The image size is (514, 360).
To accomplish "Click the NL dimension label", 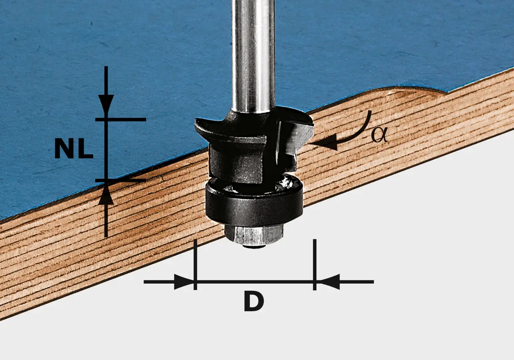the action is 74,148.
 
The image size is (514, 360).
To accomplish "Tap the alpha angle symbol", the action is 379,135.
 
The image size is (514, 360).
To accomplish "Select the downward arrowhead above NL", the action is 106,105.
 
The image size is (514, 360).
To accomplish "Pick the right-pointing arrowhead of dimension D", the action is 184,282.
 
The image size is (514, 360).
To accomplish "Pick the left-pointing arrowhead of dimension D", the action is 326,282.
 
